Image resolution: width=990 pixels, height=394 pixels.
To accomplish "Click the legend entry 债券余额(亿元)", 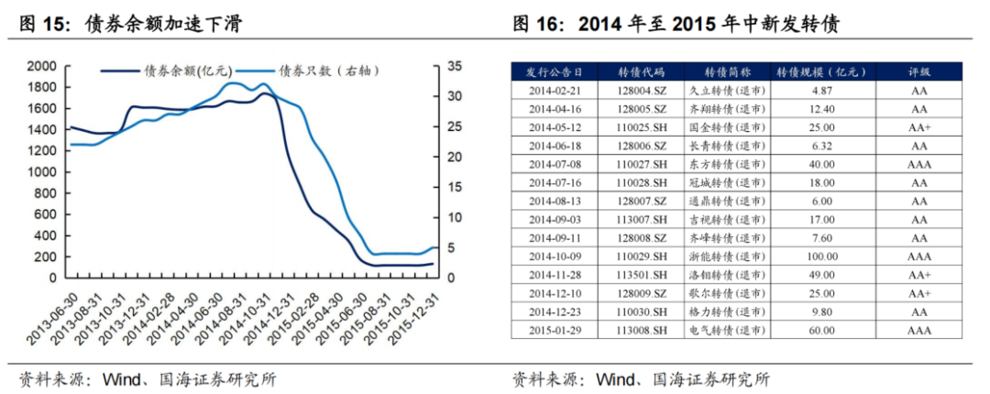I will [187, 71].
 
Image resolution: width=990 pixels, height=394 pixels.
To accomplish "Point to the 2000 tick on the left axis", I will [42, 66].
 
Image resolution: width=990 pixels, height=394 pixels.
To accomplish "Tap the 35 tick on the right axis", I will [455, 66].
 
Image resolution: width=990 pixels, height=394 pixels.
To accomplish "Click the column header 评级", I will [918, 71].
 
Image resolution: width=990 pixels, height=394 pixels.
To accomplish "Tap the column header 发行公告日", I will [554, 71].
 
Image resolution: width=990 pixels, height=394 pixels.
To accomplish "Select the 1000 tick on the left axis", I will [42, 172].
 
